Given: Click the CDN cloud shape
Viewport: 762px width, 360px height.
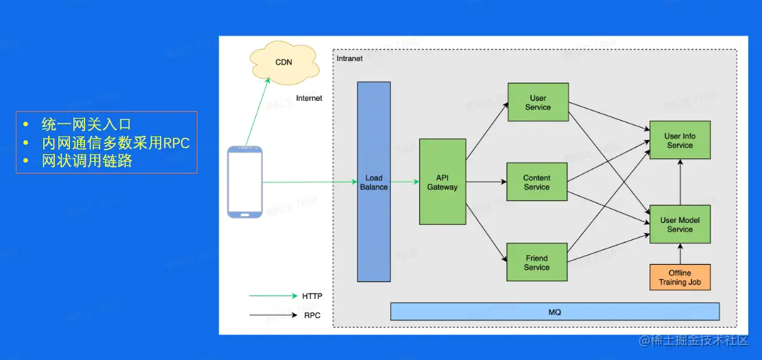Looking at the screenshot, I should pyautogui.click(x=283, y=62).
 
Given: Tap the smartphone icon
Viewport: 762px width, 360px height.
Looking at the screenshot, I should pyautogui.click(x=245, y=182).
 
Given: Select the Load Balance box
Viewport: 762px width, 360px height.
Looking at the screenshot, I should pyautogui.click(x=374, y=182).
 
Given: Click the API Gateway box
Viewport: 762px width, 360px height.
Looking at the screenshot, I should pyautogui.click(x=442, y=182).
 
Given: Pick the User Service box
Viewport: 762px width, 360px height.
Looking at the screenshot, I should pyautogui.click(x=538, y=102).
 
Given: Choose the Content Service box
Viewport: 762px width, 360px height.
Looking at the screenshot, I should pyautogui.click(x=537, y=182).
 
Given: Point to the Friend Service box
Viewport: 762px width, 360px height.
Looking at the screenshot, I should pyautogui.click(x=537, y=262).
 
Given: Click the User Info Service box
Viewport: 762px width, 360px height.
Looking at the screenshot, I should pyautogui.click(x=680, y=141).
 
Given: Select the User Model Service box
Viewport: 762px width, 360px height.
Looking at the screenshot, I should pyautogui.click(x=680, y=224).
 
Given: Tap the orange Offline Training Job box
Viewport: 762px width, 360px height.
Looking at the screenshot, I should pyautogui.click(x=680, y=277).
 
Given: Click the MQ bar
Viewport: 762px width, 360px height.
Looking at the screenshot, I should pyautogui.click(x=555, y=312).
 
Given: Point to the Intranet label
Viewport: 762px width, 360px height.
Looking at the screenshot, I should pyautogui.click(x=350, y=58).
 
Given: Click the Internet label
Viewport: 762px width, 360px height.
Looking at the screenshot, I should pyautogui.click(x=309, y=98).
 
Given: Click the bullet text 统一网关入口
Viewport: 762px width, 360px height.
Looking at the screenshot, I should pyautogui.click(x=86, y=125).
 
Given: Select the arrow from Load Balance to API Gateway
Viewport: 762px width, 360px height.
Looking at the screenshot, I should pyautogui.click(x=405, y=182).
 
